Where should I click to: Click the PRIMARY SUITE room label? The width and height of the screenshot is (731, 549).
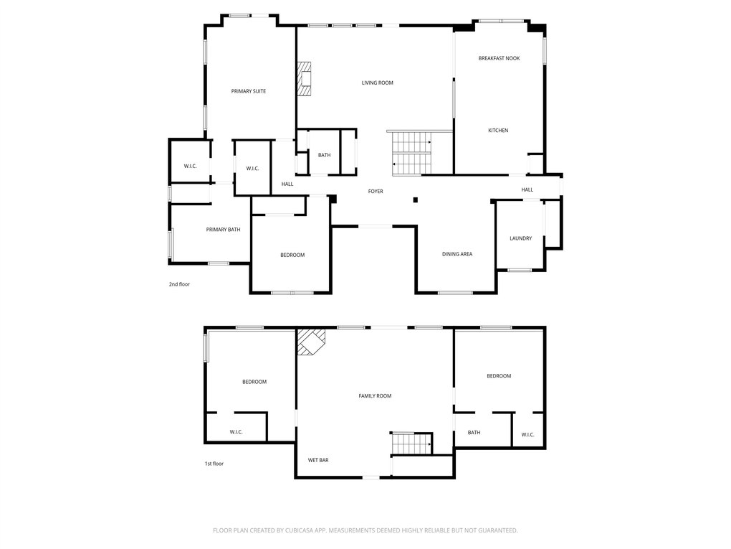[249, 91]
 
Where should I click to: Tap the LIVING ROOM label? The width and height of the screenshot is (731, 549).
[377, 83]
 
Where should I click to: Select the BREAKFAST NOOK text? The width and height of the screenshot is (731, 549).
[499, 58]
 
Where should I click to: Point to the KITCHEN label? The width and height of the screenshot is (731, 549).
[498, 130]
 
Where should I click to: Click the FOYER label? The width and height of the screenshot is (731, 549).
[376, 192]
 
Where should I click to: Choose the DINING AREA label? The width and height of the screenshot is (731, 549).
[457, 254]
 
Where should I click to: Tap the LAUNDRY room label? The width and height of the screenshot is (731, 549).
[520, 238]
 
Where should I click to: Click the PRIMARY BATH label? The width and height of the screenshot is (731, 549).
[224, 229]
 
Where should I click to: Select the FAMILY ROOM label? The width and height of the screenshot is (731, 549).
[375, 396]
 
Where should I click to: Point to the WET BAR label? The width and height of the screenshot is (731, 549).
[318, 460]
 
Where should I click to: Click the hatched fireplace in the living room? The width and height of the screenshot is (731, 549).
[305, 78]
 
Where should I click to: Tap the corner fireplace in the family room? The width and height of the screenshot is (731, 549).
[311, 342]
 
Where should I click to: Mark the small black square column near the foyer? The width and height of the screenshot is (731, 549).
[416, 200]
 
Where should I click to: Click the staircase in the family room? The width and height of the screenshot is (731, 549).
[411, 444]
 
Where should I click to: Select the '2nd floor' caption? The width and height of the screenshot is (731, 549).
[179, 284]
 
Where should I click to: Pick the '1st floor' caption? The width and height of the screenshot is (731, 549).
[214, 464]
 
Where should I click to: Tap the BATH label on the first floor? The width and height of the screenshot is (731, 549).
[474, 432]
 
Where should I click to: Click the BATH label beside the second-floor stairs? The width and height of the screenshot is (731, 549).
[324, 155]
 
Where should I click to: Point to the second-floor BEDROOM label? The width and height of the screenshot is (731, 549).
[292, 255]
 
